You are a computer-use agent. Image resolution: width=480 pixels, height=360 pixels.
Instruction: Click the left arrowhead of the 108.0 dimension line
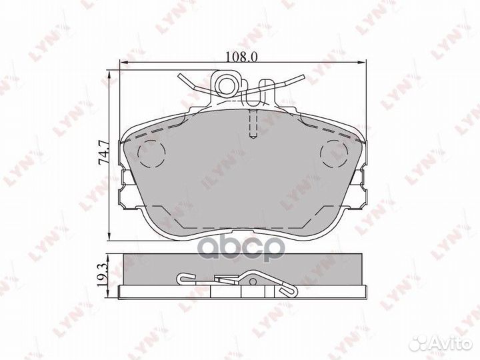(121, 64)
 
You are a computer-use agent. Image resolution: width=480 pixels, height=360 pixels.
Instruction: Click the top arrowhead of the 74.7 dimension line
(110, 71)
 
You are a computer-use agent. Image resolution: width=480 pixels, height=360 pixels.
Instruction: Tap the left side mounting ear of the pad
(125, 189)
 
